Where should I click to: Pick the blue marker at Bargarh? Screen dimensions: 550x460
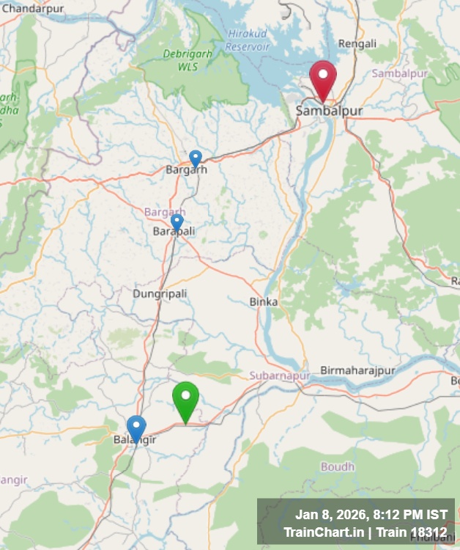196,158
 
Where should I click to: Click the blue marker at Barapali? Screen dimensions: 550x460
177,221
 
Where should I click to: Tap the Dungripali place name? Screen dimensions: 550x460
160,293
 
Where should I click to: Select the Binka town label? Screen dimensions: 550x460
264,301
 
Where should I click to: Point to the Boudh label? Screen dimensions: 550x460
337,466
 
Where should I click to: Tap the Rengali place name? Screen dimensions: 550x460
357,43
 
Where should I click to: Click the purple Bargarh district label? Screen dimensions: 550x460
165,212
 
